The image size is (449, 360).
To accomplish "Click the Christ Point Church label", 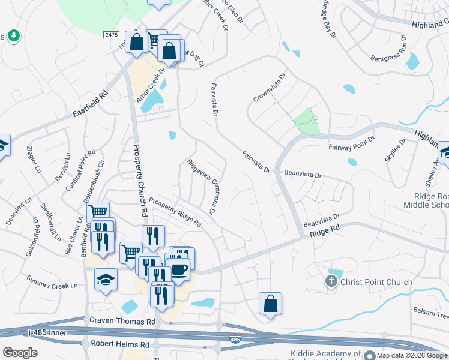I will (x=376, y=282).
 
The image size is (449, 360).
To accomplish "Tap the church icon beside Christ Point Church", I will (x=331, y=281).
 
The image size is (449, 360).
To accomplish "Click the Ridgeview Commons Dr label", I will (x=202, y=186).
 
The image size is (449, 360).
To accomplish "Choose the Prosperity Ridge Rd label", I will (x=175, y=212).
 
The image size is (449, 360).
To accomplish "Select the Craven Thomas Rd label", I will (x=122, y=322).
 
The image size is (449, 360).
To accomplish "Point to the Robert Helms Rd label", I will (x=119, y=344).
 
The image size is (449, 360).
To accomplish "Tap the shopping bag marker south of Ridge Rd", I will (x=271, y=303).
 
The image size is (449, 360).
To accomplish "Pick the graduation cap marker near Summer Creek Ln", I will (x=106, y=280).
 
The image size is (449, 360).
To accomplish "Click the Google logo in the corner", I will (x=20, y=353).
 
